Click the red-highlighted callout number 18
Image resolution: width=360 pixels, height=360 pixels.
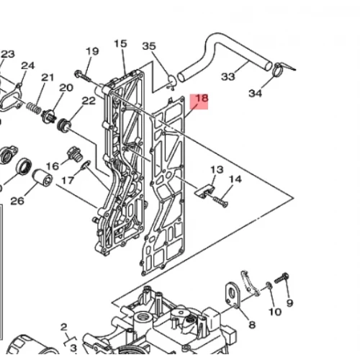tap(202, 98)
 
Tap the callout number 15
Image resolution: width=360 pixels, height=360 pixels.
tap(120, 44)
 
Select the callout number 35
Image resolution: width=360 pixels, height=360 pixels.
tap(149, 46)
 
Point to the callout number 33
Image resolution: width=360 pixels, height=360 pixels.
tap(228, 77)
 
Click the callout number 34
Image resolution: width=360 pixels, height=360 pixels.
tap(256, 93)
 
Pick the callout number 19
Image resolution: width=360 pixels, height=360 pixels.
tap(92, 51)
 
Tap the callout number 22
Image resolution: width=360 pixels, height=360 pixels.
tap(89, 101)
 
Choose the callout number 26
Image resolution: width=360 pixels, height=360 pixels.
tap(17, 201)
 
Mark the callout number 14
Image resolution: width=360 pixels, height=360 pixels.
tap(235, 179)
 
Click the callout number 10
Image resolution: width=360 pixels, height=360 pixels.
tap(275, 312)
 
